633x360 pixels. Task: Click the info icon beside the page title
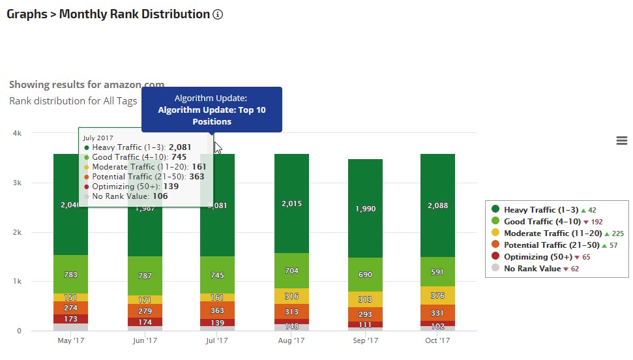click(218, 14)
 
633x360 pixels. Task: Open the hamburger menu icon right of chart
click(621, 141)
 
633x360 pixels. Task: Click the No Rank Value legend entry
click(531, 269)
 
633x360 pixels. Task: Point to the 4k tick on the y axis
click(18, 133)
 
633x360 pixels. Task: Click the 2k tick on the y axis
click(18, 232)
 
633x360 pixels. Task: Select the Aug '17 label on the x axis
click(291, 340)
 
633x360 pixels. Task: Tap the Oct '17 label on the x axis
click(438, 340)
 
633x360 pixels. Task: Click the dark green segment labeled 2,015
click(291, 203)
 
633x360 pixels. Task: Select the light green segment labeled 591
click(438, 272)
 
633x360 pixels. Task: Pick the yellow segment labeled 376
click(438, 295)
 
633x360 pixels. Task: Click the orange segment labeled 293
click(365, 314)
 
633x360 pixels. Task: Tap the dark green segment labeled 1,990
click(365, 209)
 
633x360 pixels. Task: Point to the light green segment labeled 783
click(70, 275)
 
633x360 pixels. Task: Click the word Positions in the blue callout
click(212, 121)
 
